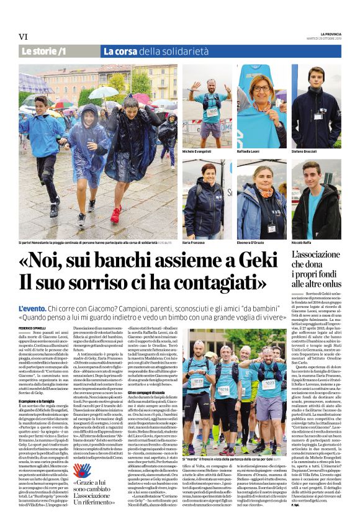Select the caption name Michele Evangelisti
pos(197,151)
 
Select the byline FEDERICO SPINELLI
pos(32,327)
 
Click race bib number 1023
pos(268,384)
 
